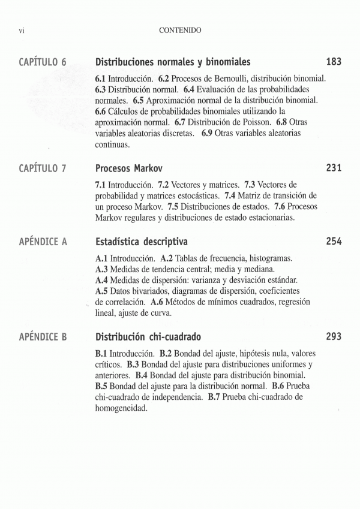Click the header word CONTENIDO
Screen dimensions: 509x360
[x=180, y=29]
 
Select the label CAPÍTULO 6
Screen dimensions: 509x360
[x=42, y=62]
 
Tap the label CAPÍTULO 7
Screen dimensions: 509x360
[x=42, y=169]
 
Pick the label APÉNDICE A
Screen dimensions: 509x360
[x=43, y=242]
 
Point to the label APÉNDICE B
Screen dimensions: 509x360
[x=43, y=337]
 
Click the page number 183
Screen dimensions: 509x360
[x=334, y=62]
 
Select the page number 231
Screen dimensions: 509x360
[x=334, y=168]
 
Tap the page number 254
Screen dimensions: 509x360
[x=334, y=242]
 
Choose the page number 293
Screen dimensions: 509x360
[x=334, y=336]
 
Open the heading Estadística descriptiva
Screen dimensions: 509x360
[x=142, y=242]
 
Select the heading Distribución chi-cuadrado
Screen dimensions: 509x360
[x=148, y=337]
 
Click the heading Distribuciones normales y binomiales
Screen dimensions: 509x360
[x=173, y=62]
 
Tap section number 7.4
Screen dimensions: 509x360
[x=230, y=195]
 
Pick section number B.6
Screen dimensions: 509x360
[x=280, y=386]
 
